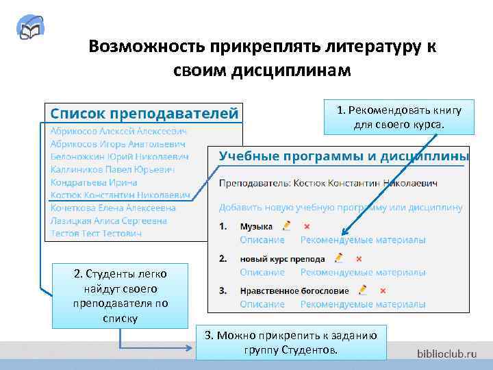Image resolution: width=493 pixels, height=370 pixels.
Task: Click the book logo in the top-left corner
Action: [31, 30]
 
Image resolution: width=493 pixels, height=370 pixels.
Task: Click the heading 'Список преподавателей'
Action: [142, 111]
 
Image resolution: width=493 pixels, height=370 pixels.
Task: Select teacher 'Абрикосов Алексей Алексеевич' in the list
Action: [118, 130]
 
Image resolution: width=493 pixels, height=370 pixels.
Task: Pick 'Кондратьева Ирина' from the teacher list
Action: [94, 182]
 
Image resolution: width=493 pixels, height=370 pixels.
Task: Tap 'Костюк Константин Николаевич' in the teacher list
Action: [121, 195]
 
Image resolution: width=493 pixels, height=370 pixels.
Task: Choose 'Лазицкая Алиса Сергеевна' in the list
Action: [109, 221]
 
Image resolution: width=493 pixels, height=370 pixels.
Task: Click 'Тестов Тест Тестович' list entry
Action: [96, 234]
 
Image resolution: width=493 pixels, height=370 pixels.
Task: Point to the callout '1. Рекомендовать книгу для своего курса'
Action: [399, 117]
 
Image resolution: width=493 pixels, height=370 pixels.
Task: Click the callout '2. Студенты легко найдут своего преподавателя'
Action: [120, 295]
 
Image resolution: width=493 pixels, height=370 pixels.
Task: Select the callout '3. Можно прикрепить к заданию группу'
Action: [290, 342]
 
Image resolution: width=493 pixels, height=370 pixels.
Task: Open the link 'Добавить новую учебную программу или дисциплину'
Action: [340, 207]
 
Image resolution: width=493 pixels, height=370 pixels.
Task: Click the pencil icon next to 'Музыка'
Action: [286, 225]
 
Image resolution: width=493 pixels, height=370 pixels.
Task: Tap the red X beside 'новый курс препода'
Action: [359, 258]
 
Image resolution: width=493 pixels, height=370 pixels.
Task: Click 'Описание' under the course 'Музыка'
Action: [262, 240]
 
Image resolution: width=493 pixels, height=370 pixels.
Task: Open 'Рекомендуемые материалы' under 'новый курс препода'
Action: [363, 272]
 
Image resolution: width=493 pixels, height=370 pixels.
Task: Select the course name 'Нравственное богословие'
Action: [294, 291]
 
